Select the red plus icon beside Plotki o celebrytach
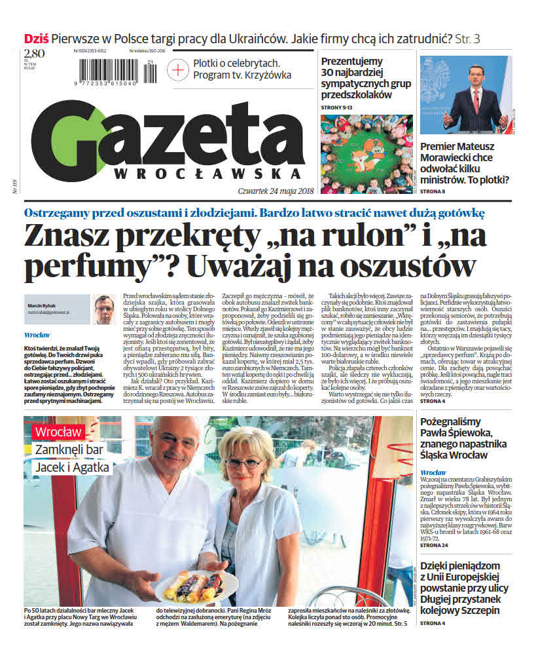pos(177,69)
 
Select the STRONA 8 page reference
pos(433,191)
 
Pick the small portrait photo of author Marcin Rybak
pos(104,310)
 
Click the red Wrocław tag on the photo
pos(58,432)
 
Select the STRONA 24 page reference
pos(434,545)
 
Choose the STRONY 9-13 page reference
pos(338,107)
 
